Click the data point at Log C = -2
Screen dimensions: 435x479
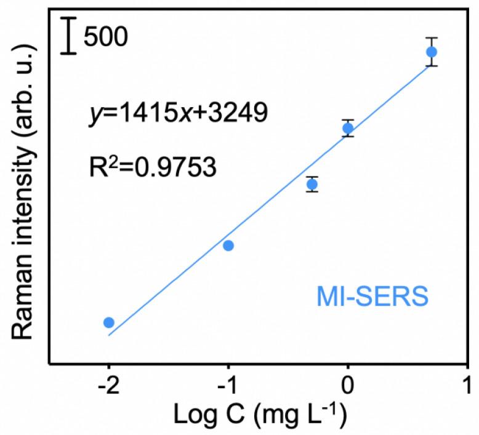109,322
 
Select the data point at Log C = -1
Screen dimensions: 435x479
228,245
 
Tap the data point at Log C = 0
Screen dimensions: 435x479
348,128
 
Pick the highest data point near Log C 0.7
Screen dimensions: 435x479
432,52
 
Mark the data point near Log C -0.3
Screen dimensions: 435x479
312,184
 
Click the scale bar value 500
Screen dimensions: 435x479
105,38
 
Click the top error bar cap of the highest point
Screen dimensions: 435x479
432,38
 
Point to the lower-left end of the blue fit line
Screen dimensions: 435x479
109,335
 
